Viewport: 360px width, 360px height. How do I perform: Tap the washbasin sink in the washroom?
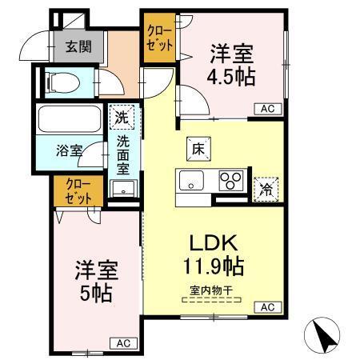[x=122, y=189]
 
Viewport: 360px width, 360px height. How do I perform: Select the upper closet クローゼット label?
[x=157, y=38]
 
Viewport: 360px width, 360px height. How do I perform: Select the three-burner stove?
[x=232, y=181]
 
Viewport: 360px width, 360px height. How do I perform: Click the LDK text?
[x=212, y=242]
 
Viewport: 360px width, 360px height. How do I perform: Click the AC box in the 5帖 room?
[x=122, y=342]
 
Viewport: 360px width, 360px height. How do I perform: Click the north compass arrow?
[x=322, y=335]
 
